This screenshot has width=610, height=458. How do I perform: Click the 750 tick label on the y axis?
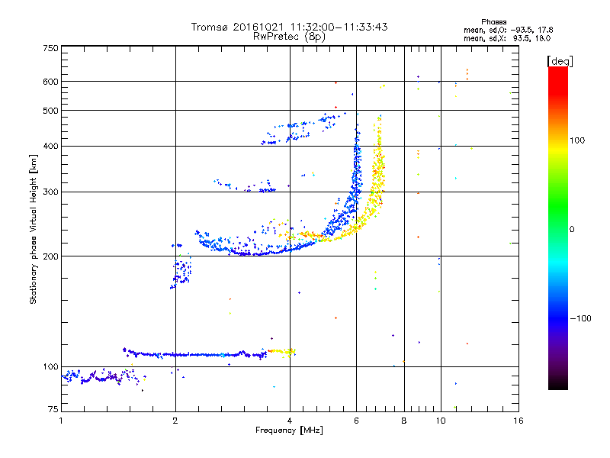[50, 47]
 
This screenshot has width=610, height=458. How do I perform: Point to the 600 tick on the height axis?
[50, 81]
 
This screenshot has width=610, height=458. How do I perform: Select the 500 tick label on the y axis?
[50, 110]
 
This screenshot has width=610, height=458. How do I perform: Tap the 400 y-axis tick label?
[50, 146]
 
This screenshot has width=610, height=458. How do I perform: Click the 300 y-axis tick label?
[50, 192]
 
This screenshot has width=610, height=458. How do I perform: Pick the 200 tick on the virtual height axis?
[50, 256]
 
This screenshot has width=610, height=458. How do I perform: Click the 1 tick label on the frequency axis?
[61, 421]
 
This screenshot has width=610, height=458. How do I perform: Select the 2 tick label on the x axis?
[175, 421]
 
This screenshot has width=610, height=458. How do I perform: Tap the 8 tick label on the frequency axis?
[404, 421]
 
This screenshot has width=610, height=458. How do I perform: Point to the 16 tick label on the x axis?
[518, 421]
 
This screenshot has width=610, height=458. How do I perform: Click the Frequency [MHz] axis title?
[289, 431]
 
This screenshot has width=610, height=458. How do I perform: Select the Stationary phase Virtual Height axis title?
[34, 229]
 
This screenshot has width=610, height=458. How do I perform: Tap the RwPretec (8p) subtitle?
[289, 36]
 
